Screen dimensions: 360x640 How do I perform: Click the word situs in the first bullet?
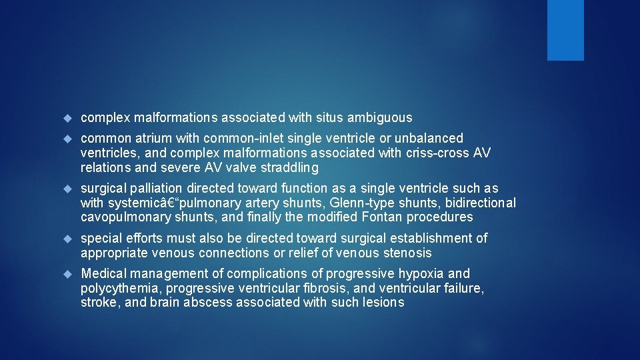pyautogui.click(x=327, y=118)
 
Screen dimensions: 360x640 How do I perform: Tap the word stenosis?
pyautogui.click(x=407, y=253)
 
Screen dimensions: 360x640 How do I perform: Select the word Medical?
pyautogui.click(x=103, y=274)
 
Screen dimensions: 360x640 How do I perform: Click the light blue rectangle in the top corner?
pyautogui.click(x=565, y=30)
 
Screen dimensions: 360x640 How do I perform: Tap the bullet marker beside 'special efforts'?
pyautogui.click(x=67, y=239)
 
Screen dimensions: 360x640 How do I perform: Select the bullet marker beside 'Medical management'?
pyautogui.click(x=67, y=274)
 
